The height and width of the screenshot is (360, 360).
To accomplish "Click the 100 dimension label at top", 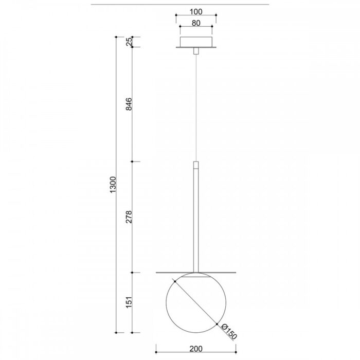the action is point(196,11).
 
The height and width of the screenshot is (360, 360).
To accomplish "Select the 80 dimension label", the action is point(196,23).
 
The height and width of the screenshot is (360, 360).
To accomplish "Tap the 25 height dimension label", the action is point(129,41).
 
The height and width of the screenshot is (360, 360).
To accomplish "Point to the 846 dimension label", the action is point(129,104).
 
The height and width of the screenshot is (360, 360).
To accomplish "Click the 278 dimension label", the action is point(129,217).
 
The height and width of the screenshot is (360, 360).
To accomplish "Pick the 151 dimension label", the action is point(129,302).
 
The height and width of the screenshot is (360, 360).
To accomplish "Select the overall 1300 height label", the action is point(113,185).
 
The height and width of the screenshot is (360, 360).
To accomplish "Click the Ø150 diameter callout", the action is point(229,332).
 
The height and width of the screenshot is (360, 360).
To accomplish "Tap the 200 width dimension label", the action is point(196,349).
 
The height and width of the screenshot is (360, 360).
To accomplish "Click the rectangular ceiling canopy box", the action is point(196,42).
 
